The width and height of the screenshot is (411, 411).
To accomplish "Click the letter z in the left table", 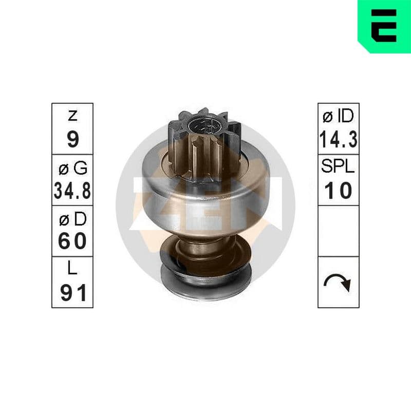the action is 72,116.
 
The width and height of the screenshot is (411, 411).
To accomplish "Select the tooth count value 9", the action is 73,139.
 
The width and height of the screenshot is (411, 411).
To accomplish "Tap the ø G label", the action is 73,168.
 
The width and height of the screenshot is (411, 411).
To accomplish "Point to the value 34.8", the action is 72,191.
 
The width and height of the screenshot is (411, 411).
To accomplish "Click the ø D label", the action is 72,219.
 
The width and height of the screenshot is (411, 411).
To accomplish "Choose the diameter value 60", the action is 72,241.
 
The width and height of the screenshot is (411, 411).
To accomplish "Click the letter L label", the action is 72,268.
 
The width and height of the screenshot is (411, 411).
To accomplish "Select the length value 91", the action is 73,293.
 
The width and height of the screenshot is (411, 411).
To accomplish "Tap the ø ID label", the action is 338,116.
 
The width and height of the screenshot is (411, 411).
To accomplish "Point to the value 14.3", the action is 339,140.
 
